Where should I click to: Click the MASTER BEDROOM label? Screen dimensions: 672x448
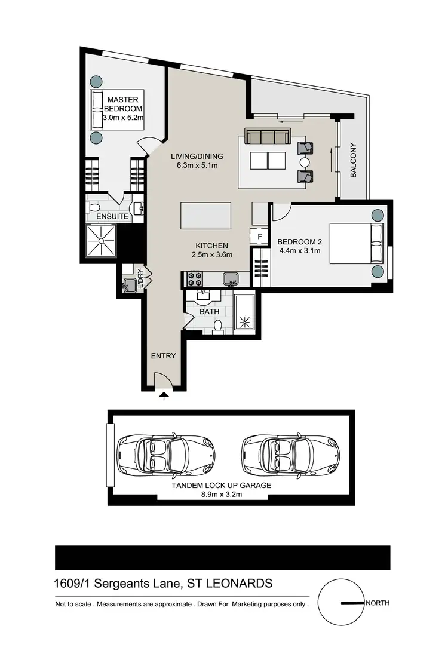pos(123,104)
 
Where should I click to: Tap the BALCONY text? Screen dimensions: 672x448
pos(354,160)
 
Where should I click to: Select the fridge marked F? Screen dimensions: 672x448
pos(259,237)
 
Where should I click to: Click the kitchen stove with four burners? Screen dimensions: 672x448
pos(195,278)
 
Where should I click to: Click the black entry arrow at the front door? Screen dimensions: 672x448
pos(164,394)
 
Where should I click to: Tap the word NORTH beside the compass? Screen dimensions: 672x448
pos(378,603)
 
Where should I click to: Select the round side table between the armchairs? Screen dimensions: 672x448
pos(305,162)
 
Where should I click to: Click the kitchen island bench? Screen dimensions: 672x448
pos(205,215)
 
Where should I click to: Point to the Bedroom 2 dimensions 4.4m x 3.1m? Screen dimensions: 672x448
pos(299,251)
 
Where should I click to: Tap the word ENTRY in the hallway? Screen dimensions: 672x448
pos(163,356)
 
